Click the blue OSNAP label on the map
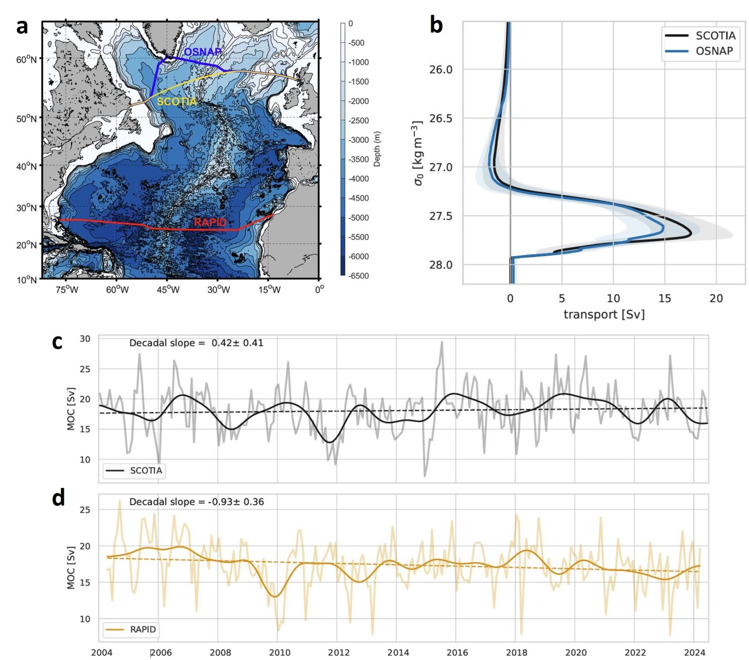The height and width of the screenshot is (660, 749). [202, 52]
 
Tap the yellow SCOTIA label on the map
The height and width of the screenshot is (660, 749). [177, 101]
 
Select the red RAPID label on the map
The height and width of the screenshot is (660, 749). [210, 222]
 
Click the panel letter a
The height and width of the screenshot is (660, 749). [21, 26]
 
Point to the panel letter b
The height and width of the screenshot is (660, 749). [436, 25]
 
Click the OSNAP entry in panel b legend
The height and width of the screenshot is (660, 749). [714, 51]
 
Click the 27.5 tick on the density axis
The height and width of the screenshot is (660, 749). [440, 216]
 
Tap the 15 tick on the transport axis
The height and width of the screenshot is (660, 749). [664, 298]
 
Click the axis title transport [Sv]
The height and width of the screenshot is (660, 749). [604, 314]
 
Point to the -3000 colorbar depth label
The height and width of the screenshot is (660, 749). [359, 140]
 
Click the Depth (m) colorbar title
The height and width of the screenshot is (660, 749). [377, 149]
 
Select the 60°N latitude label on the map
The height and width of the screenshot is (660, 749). [27, 59]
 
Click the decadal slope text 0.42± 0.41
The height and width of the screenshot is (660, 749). [237, 343]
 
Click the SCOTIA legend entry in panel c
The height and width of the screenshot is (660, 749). [146, 471]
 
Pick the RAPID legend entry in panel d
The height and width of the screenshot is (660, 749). [143, 630]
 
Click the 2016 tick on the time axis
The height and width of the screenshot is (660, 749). [457, 653]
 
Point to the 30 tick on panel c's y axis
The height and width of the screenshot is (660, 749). [85, 339]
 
